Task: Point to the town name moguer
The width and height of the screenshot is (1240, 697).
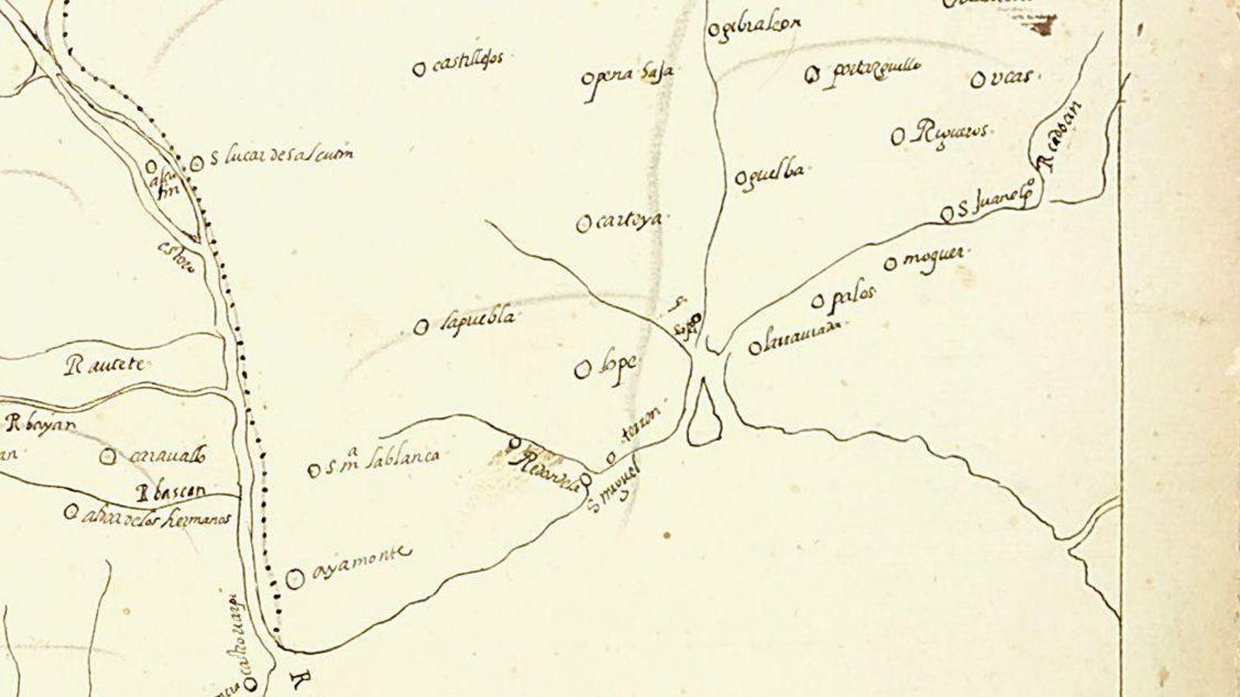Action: (x=936, y=257)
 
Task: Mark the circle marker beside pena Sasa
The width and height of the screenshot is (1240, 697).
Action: (x=587, y=79)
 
